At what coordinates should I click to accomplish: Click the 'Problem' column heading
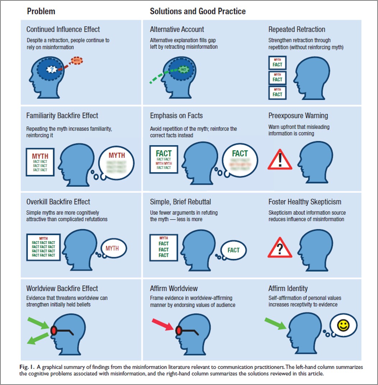coord(41,11)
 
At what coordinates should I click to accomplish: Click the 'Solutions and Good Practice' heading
coord(198,11)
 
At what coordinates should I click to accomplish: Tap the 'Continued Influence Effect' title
coord(63,29)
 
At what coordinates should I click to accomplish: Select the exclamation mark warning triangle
coord(280,160)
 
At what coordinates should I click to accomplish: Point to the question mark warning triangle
coord(280,247)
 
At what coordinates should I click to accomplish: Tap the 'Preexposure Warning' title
coord(298,116)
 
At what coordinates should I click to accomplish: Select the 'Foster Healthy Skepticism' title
coord(305,202)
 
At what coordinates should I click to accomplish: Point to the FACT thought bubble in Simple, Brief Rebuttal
coord(233,250)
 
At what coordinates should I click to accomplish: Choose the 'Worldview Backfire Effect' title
coord(62,289)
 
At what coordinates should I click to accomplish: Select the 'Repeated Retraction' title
coord(296,29)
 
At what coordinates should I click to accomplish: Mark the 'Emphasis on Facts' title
coord(176,116)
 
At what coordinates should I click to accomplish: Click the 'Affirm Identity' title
coord(288,289)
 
